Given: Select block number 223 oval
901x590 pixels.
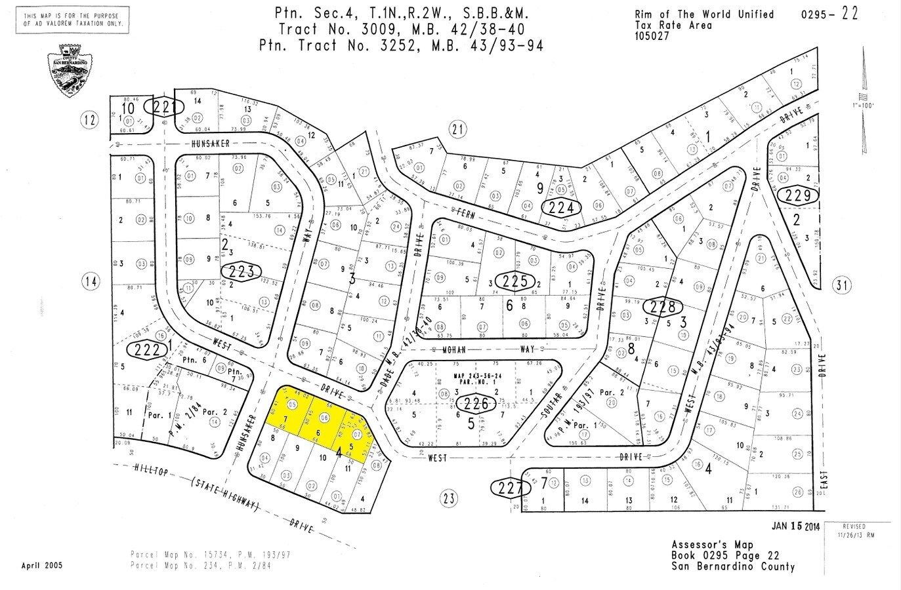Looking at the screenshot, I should (x=241, y=271).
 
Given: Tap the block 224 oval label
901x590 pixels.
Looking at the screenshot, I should (x=561, y=208).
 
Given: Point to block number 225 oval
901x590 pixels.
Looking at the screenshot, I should (x=515, y=282).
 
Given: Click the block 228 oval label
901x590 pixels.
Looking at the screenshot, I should (x=663, y=305).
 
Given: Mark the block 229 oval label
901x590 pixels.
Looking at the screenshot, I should (x=797, y=195).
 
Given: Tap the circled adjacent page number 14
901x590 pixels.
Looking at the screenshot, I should (x=91, y=282).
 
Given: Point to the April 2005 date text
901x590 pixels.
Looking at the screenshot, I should (x=42, y=566).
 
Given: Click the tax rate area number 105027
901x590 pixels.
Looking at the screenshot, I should (x=652, y=35).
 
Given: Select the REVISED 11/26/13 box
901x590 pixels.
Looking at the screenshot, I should (x=856, y=530).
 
